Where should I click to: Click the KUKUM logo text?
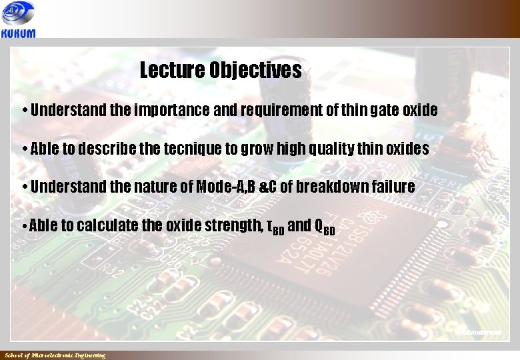(19, 33)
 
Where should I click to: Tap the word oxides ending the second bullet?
(407, 149)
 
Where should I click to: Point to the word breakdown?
(329, 187)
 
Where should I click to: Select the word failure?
(391, 187)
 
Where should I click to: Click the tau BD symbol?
(275, 227)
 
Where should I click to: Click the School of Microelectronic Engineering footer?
(55, 355)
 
